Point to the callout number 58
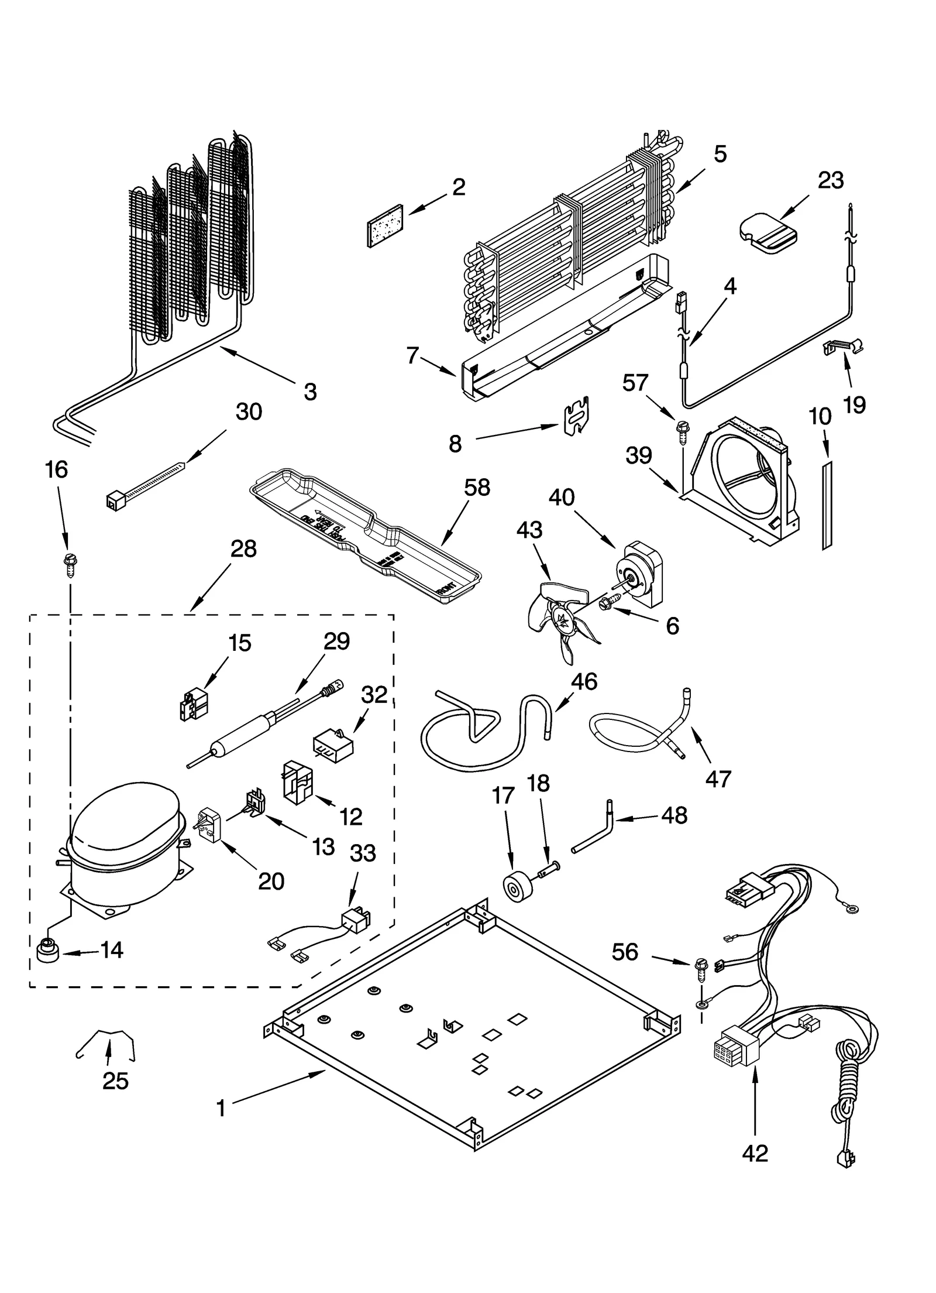(477, 488)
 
